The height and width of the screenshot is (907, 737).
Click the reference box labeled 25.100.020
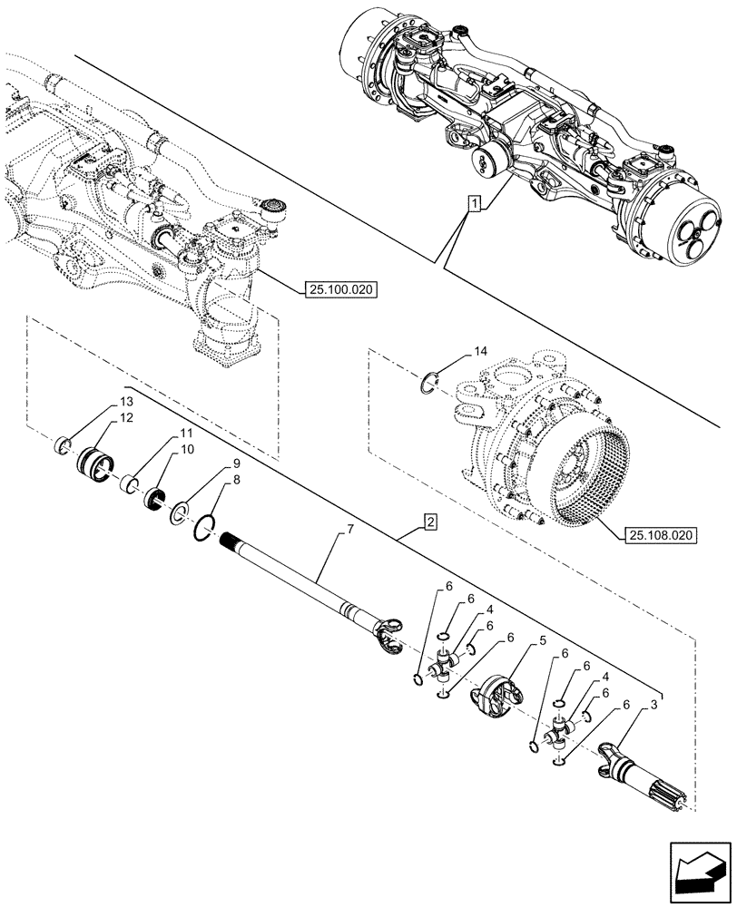[337, 289]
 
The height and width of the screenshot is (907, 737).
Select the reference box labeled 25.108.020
[660, 536]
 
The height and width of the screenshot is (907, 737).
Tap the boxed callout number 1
[474, 203]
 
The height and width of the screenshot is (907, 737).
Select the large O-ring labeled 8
[205, 526]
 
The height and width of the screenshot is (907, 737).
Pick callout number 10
[185, 448]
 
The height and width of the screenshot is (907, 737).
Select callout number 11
[185, 434]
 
